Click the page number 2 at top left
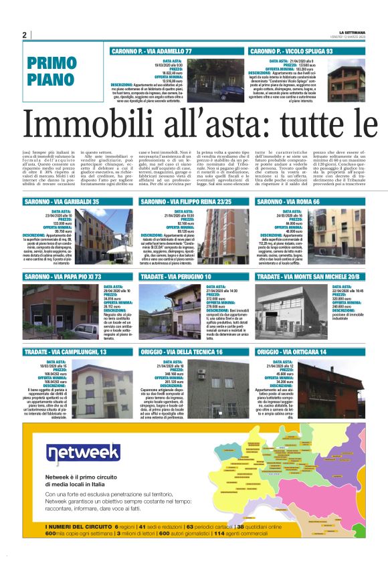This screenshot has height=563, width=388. (24, 35)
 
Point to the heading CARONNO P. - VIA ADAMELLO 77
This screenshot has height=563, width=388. (152, 51)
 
